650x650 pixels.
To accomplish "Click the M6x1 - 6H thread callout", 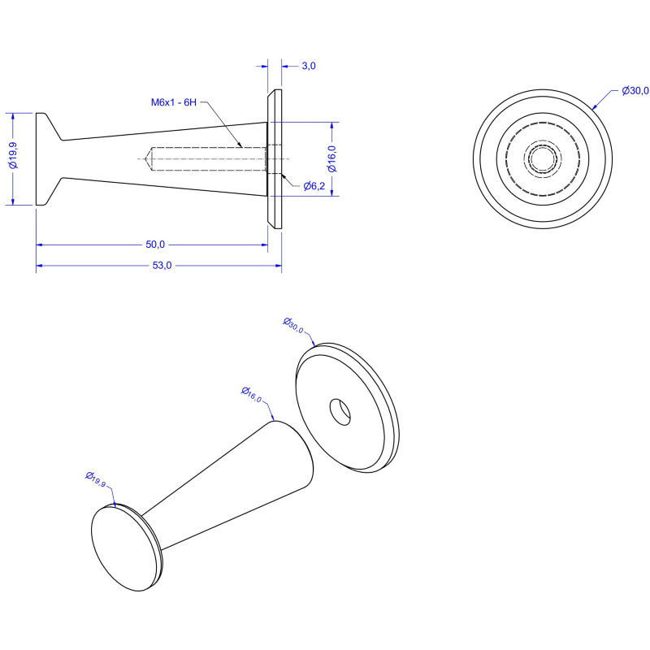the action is point(174,102).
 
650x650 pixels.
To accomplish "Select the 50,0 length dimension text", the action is point(155,245).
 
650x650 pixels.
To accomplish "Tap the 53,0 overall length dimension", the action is point(162,266).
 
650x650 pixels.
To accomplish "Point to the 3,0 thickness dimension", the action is point(309,66).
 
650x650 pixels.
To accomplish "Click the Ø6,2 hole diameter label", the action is point(314,186).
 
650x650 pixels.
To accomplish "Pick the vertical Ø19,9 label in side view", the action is point(13,155).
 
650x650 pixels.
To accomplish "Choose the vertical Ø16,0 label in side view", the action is point(332,158).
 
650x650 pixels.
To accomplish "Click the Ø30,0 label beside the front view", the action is point(635,91).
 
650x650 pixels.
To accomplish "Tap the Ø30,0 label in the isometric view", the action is point(293,326).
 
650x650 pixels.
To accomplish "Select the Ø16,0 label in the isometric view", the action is point(252,395).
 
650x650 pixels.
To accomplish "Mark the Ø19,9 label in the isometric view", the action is point(96,479).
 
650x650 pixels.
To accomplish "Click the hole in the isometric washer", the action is point(340,412).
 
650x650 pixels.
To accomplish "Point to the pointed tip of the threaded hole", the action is point(145,158).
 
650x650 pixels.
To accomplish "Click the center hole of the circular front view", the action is point(543,158).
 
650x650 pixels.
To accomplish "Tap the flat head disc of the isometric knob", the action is point(124,548).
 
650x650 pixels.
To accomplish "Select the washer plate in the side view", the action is point(275,158).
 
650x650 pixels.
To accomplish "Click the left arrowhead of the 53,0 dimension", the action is point(39,266).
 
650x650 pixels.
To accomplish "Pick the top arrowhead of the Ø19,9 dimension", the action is point(13,116).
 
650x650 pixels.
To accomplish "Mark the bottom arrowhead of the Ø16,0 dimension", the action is point(332,193).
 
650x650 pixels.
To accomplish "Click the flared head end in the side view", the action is point(49,158).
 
